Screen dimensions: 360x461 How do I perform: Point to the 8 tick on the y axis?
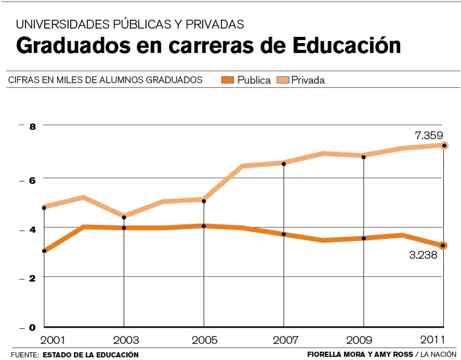click(x=32, y=127)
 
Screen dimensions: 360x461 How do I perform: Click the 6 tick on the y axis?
click(x=32, y=178)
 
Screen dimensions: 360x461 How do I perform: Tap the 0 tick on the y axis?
click(x=32, y=327)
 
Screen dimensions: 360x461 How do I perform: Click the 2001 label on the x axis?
click(x=53, y=341)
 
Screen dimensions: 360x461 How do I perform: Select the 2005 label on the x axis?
click(x=204, y=341)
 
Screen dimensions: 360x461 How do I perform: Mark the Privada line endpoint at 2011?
click(x=443, y=145)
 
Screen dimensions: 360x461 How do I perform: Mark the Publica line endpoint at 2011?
click(x=443, y=245)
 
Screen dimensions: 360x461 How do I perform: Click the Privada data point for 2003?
click(x=124, y=217)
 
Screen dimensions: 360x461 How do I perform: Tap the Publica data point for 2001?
click(x=44, y=251)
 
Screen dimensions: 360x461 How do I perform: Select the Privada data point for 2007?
click(x=283, y=164)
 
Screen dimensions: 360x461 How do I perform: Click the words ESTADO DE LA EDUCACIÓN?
click(x=90, y=355)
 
